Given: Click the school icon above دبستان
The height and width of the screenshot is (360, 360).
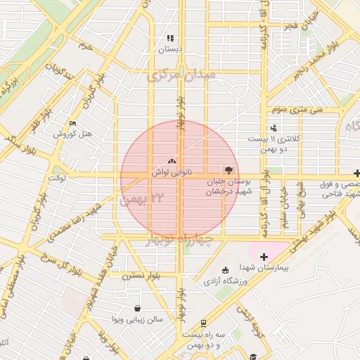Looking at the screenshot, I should click(x=169, y=39).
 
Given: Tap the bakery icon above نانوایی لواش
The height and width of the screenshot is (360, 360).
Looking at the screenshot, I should click(x=172, y=161).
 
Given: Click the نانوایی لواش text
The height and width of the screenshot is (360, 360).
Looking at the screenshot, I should click(x=169, y=172).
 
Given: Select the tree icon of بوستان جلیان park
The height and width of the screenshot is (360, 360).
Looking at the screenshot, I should click(x=227, y=170).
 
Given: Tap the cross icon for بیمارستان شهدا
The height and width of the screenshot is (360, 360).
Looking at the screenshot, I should click(x=264, y=257).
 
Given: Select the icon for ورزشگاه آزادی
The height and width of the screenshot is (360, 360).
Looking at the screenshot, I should click(x=225, y=271).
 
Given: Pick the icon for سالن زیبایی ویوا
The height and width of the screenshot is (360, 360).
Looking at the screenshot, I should click(x=136, y=309).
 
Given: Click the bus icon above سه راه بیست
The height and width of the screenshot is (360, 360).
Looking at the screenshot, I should click(x=203, y=324).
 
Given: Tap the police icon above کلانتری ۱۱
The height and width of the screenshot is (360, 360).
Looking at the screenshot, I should click(x=273, y=128).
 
